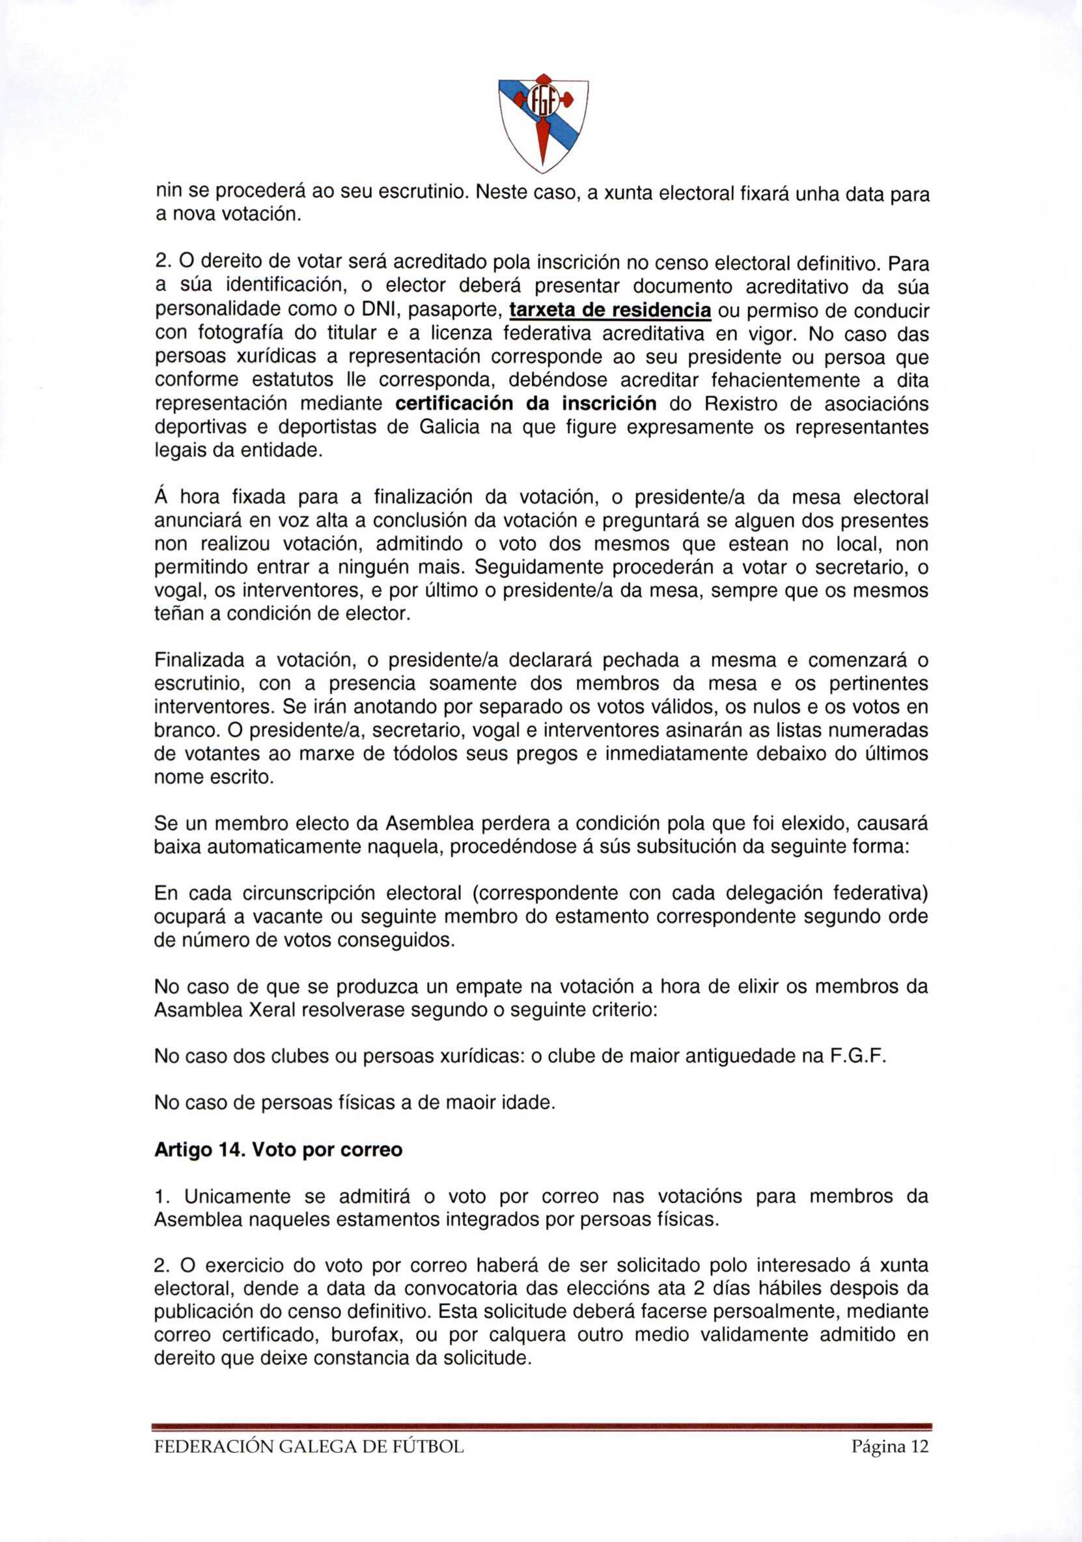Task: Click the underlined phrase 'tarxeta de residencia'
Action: tap(610, 311)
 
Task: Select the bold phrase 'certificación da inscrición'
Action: tap(526, 404)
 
